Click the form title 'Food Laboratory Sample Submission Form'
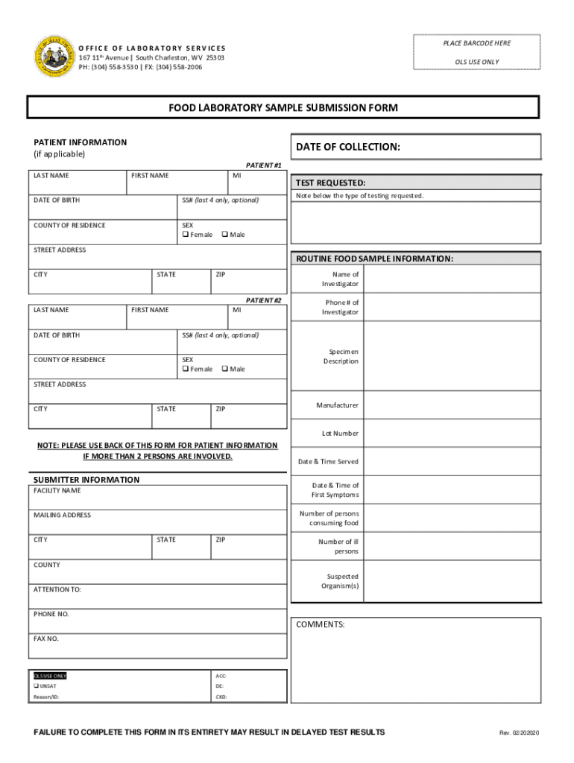pos(283,108)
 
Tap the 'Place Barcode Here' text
pos(476,43)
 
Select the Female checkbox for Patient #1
pos(186,235)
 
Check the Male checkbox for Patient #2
pos(225,369)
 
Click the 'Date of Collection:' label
pos(348,148)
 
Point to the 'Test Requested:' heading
pos(330,183)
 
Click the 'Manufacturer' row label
pos(337,405)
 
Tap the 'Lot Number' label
pos(340,433)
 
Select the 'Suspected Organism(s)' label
pos(340,581)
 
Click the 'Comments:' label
pos(321,624)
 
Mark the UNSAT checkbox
pos(36,686)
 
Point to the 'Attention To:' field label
pos(57,589)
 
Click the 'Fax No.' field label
pos(46,639)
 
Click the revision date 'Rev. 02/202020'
pos(519,733)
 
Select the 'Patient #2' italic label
pos(264,300)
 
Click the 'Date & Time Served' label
pos(328,461)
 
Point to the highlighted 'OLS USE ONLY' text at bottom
pos(49,676)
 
